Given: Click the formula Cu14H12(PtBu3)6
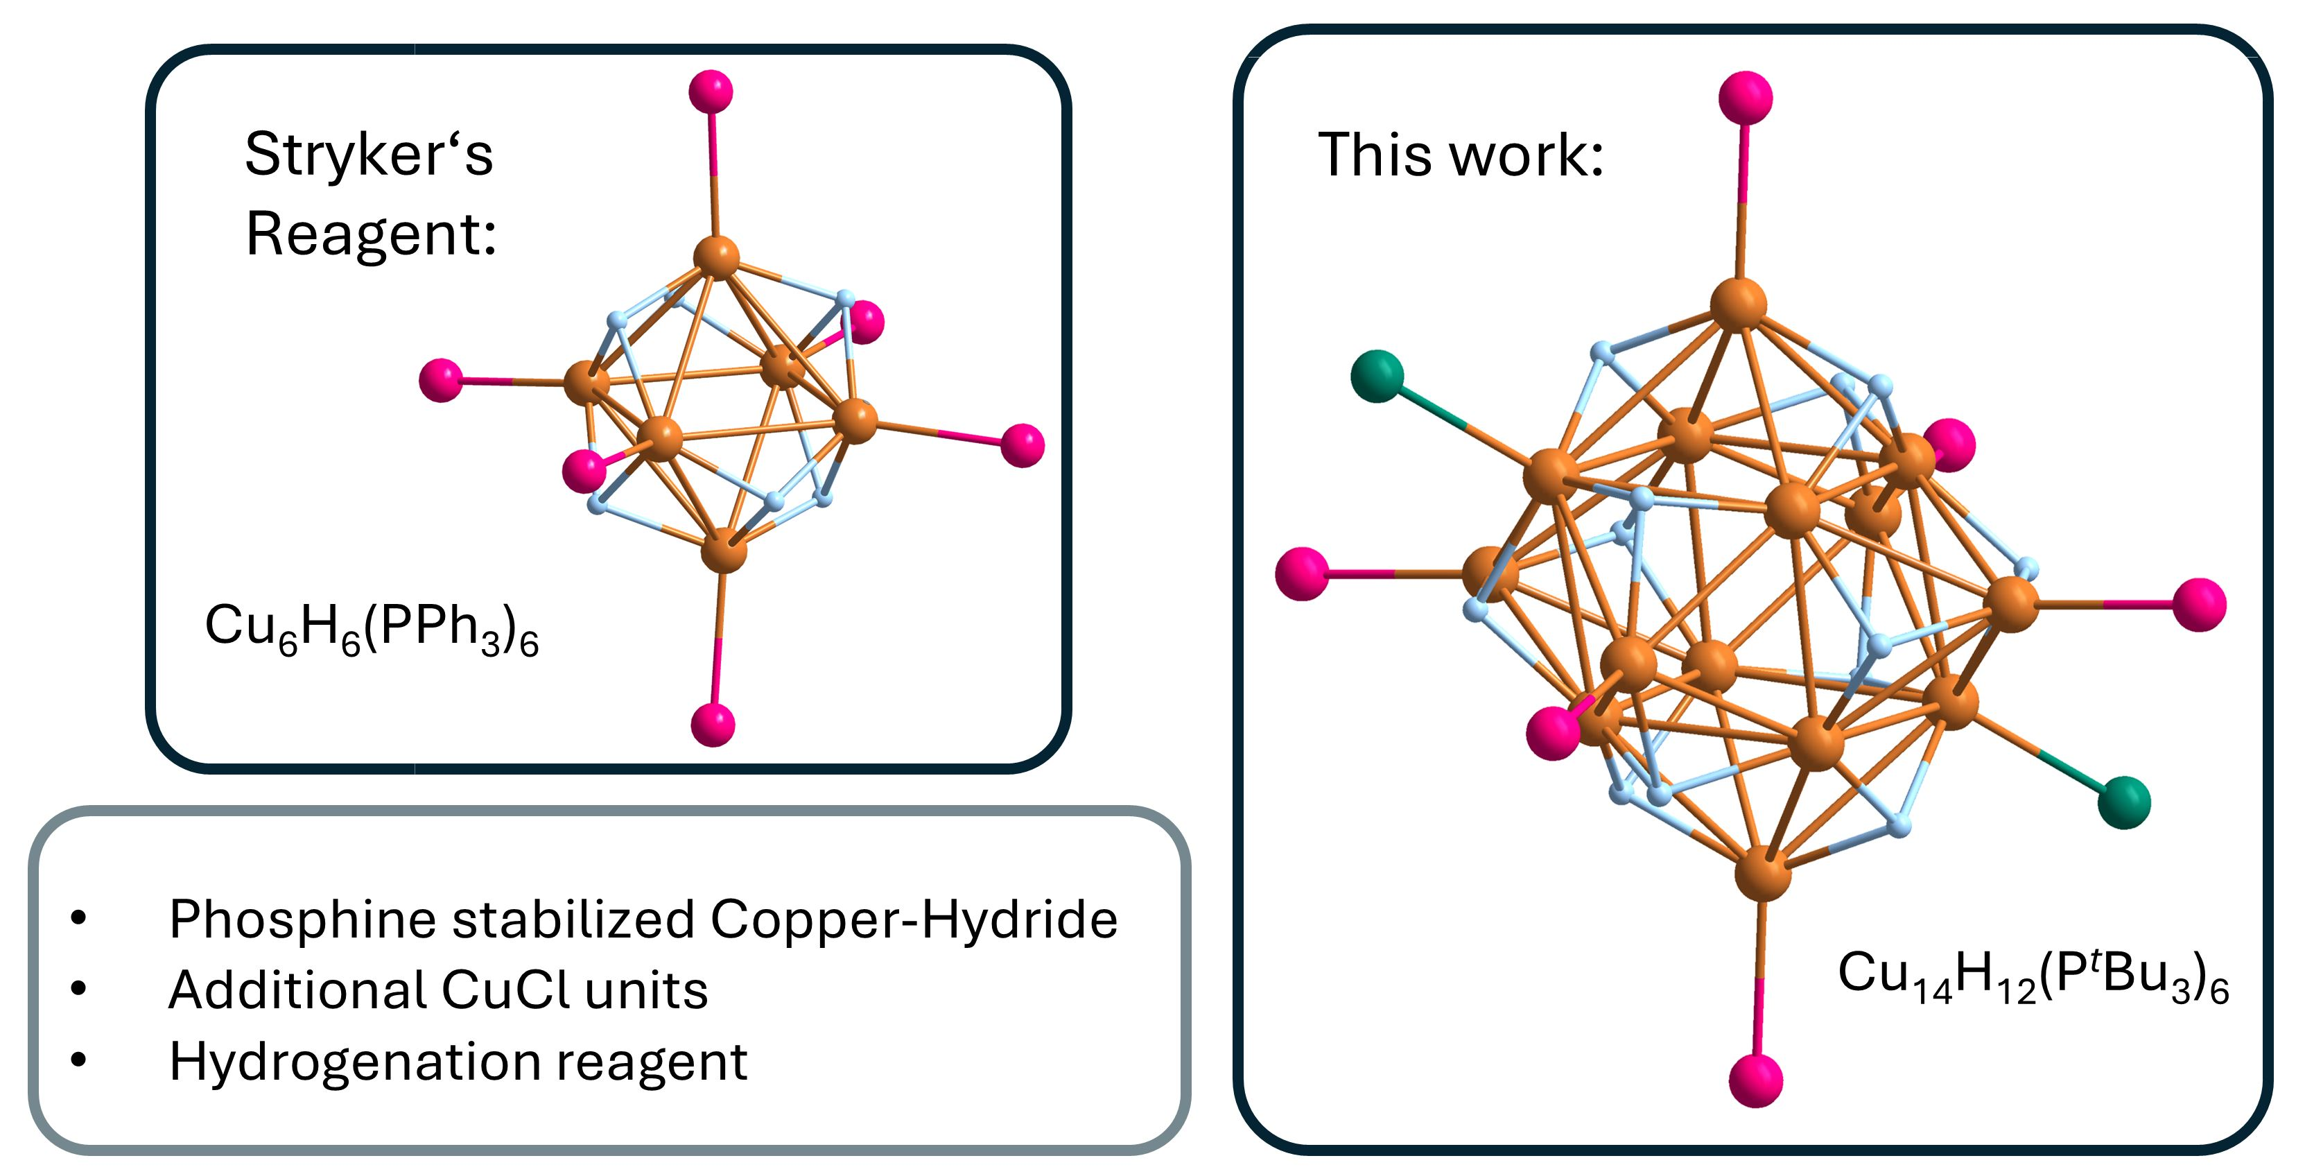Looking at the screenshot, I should (x=2032, y=976).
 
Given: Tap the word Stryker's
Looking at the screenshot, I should (x=369, y=154).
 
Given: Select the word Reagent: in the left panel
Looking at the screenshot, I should (x=370, y=234).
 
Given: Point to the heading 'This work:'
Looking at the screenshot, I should (x=1461, y=155).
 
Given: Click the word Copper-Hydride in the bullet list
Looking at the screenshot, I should (x=914, y=920).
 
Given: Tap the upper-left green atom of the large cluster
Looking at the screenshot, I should (x=1377, y=377).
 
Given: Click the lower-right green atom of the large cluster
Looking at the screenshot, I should (x=2123, y=802).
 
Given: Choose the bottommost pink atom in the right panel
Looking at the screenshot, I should (x=1755, y=1080).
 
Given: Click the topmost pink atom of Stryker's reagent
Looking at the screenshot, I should (x=711, y=92).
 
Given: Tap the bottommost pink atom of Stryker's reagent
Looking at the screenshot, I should (x=713, y=724).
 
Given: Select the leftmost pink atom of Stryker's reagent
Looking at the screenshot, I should (x=441, y=380).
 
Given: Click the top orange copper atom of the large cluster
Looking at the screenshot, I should (x=1738, y=304).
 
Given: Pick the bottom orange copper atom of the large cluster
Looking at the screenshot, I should (x=1762, y=873).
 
